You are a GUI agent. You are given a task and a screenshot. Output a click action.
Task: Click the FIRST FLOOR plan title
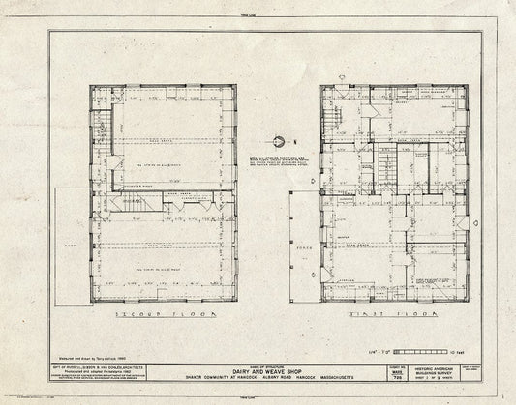click(379, 314)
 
